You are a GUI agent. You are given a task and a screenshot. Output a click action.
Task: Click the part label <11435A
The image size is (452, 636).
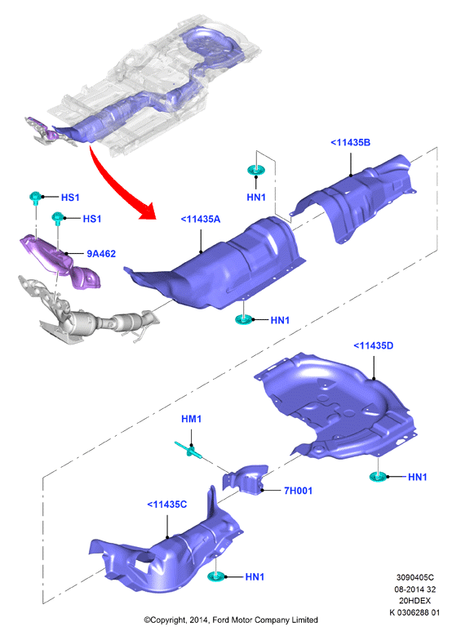coord(200,220)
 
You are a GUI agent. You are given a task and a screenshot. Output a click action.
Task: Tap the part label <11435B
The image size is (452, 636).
coord(350,143)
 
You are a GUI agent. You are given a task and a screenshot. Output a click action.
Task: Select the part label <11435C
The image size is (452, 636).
coord(167,505)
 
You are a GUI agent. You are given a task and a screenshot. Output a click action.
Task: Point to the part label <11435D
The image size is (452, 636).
coord(374,346)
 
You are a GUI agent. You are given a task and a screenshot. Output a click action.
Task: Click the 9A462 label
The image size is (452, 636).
coord(101,254)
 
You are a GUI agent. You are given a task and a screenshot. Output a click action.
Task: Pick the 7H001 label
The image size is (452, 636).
coord(298,491)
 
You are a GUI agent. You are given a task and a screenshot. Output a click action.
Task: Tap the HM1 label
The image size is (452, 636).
coord(192,419)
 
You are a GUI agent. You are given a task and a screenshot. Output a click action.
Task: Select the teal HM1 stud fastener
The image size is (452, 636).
coord(190,450)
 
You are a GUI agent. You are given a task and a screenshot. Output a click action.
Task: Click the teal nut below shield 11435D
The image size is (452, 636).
coord(379,477)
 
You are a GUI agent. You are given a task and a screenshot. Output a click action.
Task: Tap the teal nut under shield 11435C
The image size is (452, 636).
coord(216,576)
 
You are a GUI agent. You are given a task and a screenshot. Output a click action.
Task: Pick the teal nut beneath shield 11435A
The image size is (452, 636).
coord(244,319)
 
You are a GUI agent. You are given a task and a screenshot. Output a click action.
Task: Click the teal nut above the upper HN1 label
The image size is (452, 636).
coord(256,170)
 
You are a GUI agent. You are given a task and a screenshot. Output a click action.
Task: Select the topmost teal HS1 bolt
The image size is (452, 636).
coord(36,198)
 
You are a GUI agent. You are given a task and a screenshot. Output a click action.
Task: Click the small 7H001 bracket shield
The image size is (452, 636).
coord(246,479)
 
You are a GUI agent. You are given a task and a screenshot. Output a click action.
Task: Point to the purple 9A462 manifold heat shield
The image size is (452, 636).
coord(60,260)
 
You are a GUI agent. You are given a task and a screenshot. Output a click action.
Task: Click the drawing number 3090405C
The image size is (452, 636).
coord(414,577)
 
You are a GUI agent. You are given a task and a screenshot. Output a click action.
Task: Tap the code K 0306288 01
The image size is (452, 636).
coord(414,612)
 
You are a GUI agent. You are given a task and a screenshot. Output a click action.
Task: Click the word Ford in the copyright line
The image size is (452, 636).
coord(221,620)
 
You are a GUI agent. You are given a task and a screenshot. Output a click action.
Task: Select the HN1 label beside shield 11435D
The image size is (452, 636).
coord(418,478)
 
